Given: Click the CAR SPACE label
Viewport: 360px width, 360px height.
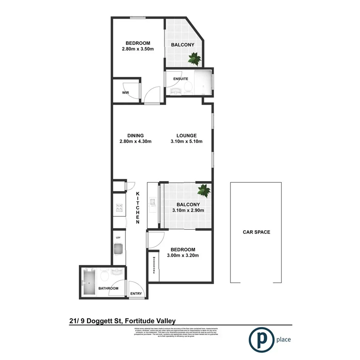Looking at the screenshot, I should tap(256, 232).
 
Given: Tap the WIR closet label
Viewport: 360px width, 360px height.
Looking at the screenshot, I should tap(126, 93).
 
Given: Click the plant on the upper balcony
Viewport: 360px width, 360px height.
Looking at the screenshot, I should tap(194, 59).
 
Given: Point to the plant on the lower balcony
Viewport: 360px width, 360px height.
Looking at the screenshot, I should tap(204, 190).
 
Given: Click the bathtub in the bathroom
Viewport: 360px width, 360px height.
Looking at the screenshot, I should tap(89, 283).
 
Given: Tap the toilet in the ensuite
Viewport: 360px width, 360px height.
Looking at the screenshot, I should tap(188, 87).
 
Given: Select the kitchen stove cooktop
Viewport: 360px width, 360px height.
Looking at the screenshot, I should tap(118, 209).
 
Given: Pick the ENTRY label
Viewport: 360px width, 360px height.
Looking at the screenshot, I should tap(136, 294).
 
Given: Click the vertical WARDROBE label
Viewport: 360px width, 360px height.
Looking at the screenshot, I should tap(154, 265).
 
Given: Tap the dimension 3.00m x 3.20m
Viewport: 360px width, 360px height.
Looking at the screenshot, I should tap(181, 256).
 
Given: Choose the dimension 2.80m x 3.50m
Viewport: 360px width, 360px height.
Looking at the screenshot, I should tap(138, 49).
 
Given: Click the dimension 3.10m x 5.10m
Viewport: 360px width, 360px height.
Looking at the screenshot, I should tap(187, 141).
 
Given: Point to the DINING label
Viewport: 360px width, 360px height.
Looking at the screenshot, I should tap(135, 136).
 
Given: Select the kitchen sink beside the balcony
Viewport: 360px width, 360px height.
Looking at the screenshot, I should tap(153, 202).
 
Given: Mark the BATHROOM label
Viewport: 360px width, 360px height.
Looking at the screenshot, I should tap(108, 289).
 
